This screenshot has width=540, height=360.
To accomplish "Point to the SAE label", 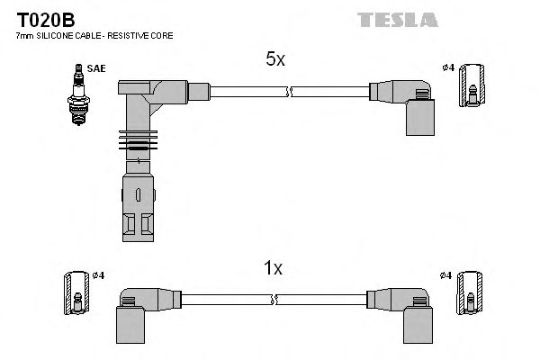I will [95, 67].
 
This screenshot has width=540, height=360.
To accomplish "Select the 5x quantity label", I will [274, 60].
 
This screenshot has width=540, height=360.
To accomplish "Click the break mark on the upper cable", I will [289, 91].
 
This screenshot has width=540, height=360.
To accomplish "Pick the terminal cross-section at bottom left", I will [76, 293].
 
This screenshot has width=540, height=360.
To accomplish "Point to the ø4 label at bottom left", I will [99, 274].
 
